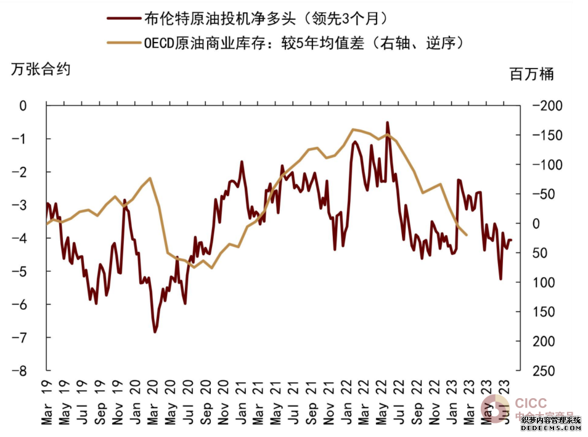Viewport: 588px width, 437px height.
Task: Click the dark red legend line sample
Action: (x=123, y=19)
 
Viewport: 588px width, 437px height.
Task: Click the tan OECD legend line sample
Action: (x=123, y=43)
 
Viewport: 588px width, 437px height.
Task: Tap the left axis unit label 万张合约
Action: (x=41, y=69)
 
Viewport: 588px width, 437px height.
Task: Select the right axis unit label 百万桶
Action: (x=532, y=75)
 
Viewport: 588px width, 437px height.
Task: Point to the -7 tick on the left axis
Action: (x=23, y=338)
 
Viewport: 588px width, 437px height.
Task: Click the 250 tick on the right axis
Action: (x=541, y=371)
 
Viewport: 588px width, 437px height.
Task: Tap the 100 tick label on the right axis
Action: (x=541, y=282)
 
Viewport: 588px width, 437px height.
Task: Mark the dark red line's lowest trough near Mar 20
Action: (x=155, y=332)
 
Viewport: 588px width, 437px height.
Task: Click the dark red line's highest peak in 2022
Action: (x=387, y=122)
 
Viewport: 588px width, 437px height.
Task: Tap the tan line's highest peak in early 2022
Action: (x=353, y=129)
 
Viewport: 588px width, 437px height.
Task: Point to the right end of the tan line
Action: (x=467, y=235)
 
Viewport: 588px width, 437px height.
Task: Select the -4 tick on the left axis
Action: (x=23, y=238)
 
